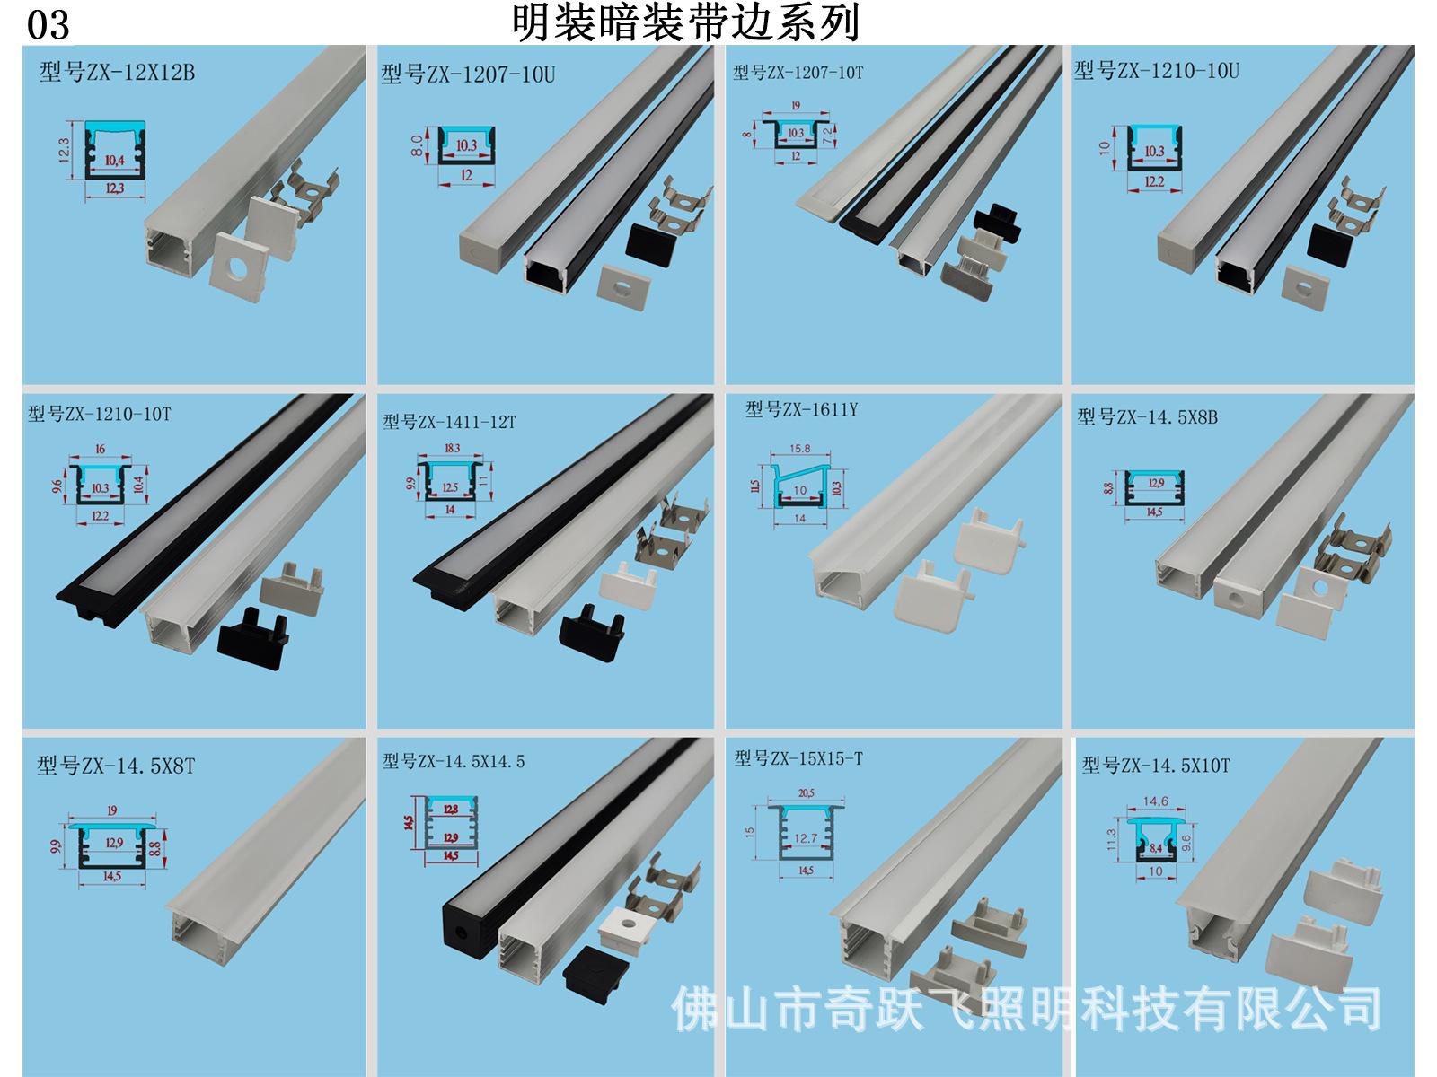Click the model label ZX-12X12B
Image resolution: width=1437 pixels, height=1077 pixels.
tap(117, 72)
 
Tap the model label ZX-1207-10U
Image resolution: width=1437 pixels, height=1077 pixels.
tap(468, 74)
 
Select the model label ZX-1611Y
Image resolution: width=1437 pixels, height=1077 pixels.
tap(801, 410)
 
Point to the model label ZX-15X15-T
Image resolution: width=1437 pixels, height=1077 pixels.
tap(798, 758)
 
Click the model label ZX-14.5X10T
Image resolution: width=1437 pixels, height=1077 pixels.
tap(1156, 765)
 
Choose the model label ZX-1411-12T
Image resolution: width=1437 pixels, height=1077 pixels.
tap(449, 421)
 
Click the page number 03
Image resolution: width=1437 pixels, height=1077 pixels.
tap(48, 25)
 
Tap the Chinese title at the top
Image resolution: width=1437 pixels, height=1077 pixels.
tap(686, 22)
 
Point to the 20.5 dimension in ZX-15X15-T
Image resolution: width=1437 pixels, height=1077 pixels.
tap(805, 792)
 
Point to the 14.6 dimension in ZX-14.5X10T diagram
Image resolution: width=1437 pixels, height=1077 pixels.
tap(1154, 801)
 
